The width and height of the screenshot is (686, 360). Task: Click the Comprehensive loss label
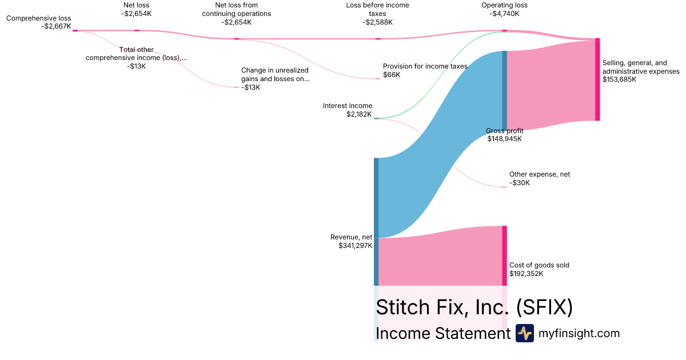pyautogui.click(x=39, y=18)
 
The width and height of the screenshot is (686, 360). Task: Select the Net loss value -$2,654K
pyautogui.click(x=136, y=13)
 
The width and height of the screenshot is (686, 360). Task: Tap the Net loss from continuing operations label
pyautogui.click(x=236, y=9)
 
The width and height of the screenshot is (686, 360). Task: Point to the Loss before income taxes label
pyautogui.click(x=377, y=9)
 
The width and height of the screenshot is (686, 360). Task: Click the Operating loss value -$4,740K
pyautogui.click(x=504, y=13)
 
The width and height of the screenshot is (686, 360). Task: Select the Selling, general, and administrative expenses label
pyautogui.click(x=641, y=67)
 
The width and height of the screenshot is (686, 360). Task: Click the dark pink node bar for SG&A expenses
pyautogui.click(x=597, y=79)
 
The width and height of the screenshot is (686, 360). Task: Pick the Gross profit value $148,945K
pyautogui.click(x=504, y=138)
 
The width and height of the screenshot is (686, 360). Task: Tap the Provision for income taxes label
pyautogui.click(x=425, y=66)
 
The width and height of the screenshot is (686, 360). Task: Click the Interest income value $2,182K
pyautogui.click(x=359, y=114)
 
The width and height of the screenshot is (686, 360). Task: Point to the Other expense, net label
pyautogui.click(x=539, y=174)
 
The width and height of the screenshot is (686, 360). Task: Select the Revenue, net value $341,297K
pyautogui.click(x=355, y=246)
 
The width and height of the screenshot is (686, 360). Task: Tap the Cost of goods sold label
pyautogui.click(x=539, y=265)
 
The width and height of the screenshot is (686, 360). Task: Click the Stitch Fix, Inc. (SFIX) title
pyautogui.click(x=474, y=307)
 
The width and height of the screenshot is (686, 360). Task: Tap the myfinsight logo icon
pyautogui.click(x=524, y=333)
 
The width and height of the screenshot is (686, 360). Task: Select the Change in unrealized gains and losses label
pyautogui.click(x=275, y=74)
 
